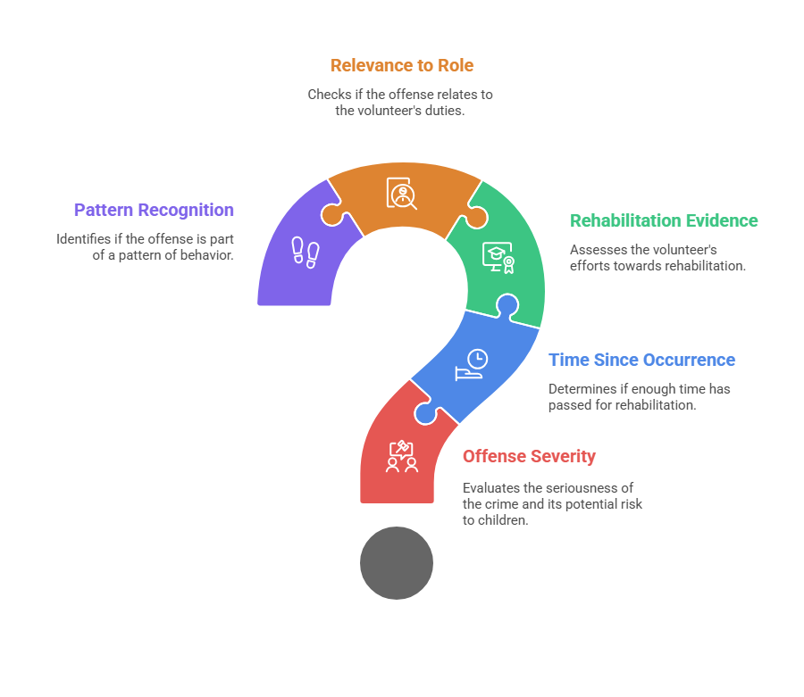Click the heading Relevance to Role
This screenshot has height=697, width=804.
(401, 65)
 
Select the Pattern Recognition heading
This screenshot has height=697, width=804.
(154, 210)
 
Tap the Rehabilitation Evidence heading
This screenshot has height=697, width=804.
(664, 220)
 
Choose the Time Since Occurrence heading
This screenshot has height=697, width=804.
(642, 360)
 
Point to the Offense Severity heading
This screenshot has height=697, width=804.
(529, 456)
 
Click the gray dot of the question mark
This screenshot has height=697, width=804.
(397, 563)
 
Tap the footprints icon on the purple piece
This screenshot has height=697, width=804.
(306, 252)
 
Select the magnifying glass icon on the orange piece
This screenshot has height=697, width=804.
(401, 193)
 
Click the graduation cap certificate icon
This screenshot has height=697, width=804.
(498, 258)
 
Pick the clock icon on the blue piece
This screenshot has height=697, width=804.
(472, 365)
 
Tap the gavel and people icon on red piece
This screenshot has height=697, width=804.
(402, 456)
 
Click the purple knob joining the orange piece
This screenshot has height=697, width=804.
(332, 215)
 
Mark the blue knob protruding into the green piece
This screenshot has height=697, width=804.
(507, 306)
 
